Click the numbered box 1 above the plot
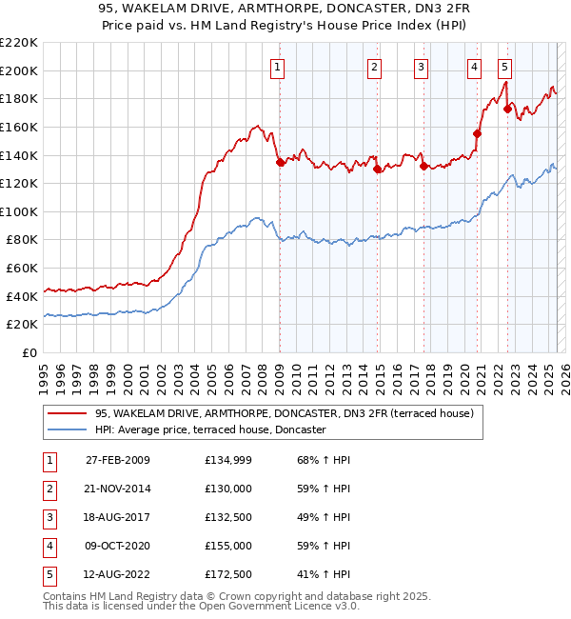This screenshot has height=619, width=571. pyautogui.click(x=277, y=67)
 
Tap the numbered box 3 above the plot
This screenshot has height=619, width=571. pyautogui.click(x=421, y=67)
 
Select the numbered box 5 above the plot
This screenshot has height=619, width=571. pyautogui.click(x=503, y=67)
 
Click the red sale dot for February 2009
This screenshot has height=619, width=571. pyautogui.click(x=281, y=163)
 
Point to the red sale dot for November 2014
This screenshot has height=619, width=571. pyautogui.click(x=378, y=170)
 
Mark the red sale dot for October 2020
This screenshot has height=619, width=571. pyautogui.click(x=477, y=134)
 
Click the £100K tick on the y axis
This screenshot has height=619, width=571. pyautogui.click(x=19, y=211)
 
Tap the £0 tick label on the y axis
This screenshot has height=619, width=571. pyautogui.click(x=30, y=353)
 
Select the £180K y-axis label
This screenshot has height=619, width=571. pyautogui.click(x=19, y=98)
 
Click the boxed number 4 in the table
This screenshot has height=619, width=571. pyautogui.click(x=48, y=546)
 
